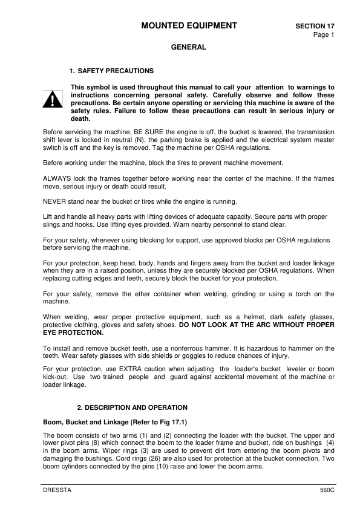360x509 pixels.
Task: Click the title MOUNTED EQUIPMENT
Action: tap(188, 25)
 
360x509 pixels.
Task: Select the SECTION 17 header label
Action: tap(315, 27)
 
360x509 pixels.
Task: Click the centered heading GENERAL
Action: tap(188, 47)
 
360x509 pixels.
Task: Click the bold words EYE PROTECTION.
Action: tap(73, 332)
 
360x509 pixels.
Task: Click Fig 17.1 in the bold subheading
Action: tap(159, 421)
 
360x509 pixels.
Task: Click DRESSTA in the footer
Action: tap(57, 490)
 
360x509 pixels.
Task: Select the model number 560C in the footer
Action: tap(327, 490)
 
